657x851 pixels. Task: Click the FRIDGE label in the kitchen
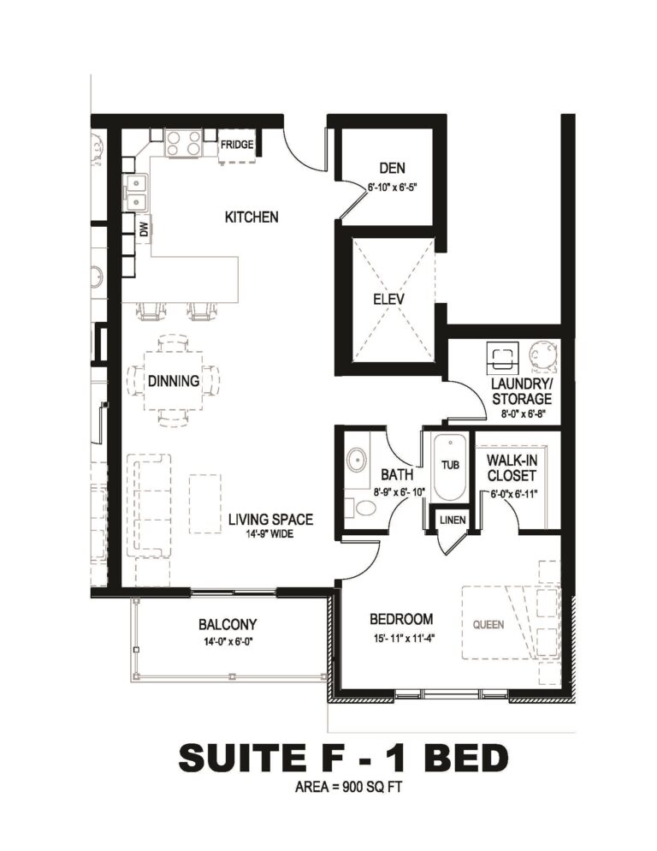237,145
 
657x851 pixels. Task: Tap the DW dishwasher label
144,230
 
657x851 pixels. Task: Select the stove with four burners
185,144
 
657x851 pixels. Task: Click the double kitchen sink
137,193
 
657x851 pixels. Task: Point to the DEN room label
392,169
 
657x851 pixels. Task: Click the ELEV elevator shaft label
389,299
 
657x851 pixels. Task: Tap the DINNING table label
174,381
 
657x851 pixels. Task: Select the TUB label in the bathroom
450,465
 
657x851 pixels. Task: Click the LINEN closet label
453,520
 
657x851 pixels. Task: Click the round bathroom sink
357,459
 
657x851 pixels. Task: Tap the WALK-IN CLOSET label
512,467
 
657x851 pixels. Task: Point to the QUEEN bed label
488,625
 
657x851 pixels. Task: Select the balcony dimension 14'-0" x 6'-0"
228,641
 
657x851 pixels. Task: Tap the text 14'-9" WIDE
269,534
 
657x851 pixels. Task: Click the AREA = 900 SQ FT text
348,787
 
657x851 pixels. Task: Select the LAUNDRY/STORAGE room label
521,391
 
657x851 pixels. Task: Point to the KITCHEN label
252,217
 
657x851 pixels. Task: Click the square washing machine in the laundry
503,357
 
